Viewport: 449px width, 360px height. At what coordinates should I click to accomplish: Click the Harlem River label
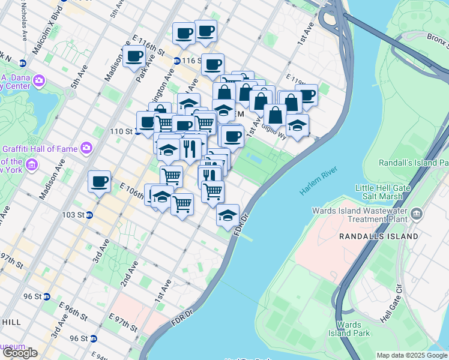[319, 181]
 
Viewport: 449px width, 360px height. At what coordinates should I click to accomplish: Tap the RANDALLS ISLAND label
[378, 236]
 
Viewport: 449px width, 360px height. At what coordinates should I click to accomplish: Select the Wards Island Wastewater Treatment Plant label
[360, 215]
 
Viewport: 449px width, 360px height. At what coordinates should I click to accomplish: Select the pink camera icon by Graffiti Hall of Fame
[86, 148]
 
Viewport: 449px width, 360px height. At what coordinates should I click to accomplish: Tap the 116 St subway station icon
[176, 61]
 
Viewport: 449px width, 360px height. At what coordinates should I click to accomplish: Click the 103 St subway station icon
[89, 215]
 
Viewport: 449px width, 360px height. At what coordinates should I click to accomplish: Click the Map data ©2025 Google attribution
[412, 355]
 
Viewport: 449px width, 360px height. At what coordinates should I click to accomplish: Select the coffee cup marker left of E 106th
[99, 181]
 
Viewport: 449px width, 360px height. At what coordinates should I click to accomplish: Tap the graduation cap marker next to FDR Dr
[228, 215]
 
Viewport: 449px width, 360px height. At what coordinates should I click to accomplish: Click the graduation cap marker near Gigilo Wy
[297, 126]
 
